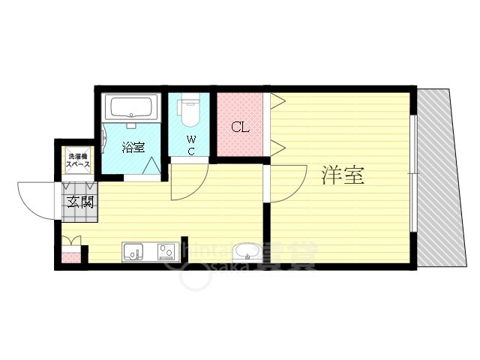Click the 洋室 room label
(343, 175)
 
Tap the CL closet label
(239, 126)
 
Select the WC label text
(191, 145)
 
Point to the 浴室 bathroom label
(134, 147)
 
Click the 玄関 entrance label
(79, 201)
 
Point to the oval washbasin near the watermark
(247, 252)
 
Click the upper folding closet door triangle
(276, 100)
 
